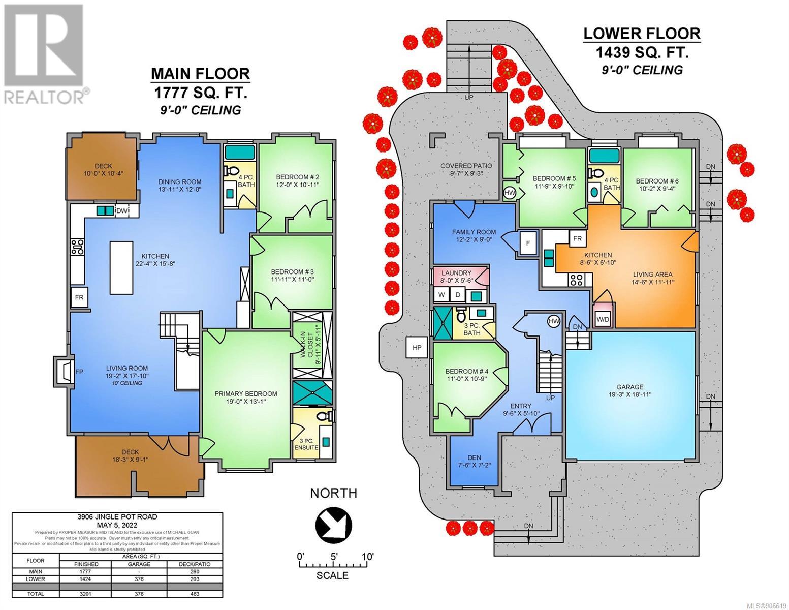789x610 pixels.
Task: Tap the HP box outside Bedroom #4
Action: pos(417,348)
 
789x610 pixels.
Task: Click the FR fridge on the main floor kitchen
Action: pos(79,297)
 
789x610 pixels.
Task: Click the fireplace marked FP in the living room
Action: pos(64,372)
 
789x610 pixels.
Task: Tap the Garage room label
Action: pos(629,391)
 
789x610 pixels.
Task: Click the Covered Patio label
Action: pos(466,169)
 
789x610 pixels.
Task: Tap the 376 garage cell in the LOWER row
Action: pos(139,579)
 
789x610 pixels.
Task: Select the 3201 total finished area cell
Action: pos(86,594)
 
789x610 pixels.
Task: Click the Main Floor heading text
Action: pos(201,74)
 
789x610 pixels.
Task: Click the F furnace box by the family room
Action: pos(528,242)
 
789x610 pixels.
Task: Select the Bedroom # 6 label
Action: pos(657,185)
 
